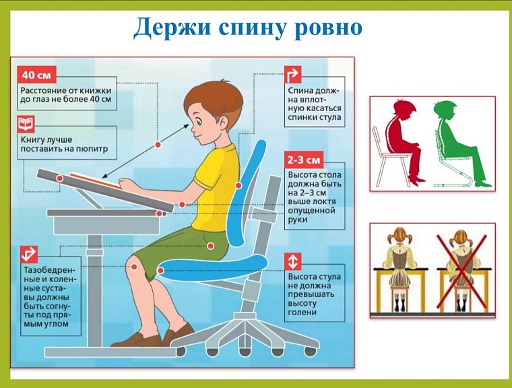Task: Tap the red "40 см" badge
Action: tap(37, 75)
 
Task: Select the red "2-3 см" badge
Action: tap(304, 160)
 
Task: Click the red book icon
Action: tap(26, 124)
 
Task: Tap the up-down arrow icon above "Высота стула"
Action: tap(293, 261)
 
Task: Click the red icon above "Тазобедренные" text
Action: tap(28, 255)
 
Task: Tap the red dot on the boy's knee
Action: tap(137, 268)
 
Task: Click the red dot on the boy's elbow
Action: tap(182, 204)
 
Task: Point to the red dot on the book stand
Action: tap(60, 178)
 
